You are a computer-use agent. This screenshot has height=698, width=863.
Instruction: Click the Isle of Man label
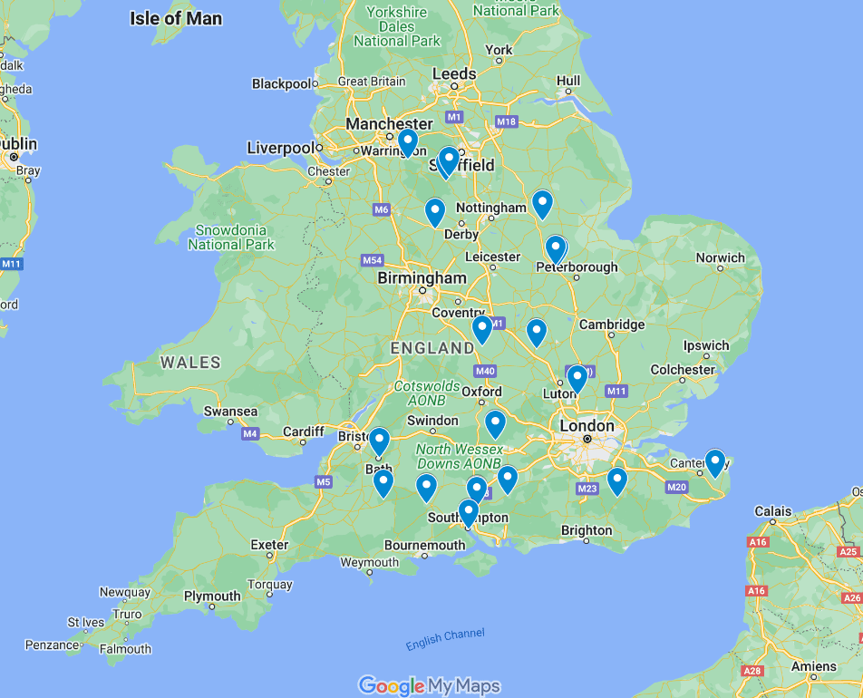(x=176, y=18)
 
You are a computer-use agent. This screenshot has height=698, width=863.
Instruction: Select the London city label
(x=587, y=425)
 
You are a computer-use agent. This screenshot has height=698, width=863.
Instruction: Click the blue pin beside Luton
(x=577, y=378)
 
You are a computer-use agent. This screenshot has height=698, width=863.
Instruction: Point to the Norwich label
(x=720, y=257)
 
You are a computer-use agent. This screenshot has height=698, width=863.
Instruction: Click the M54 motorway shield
(x=372, y=260)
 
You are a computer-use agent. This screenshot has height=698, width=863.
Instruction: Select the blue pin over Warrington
(x=408, y=143)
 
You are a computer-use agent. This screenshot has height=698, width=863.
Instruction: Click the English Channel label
(x=445, y=639)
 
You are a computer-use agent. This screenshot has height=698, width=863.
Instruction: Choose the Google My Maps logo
(x=429, y=685)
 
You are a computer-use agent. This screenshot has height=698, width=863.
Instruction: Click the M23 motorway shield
(x=587, y=490)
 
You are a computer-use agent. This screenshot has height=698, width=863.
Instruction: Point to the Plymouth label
(x=212, y=596)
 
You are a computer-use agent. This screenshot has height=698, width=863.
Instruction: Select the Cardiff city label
(x=303, y=431)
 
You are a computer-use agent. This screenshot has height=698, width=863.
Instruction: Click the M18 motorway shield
(x=506, y=122)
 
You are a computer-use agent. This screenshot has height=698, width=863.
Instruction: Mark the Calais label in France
(x=773, y=511)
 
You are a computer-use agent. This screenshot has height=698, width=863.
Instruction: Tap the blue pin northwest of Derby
(x=435, y=212)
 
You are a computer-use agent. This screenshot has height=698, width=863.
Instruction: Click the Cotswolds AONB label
(x=427, y=393)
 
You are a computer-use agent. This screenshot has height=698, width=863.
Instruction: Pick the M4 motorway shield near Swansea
(x=250, y=434)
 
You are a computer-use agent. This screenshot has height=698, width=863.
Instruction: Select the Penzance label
(x=52, y=645)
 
